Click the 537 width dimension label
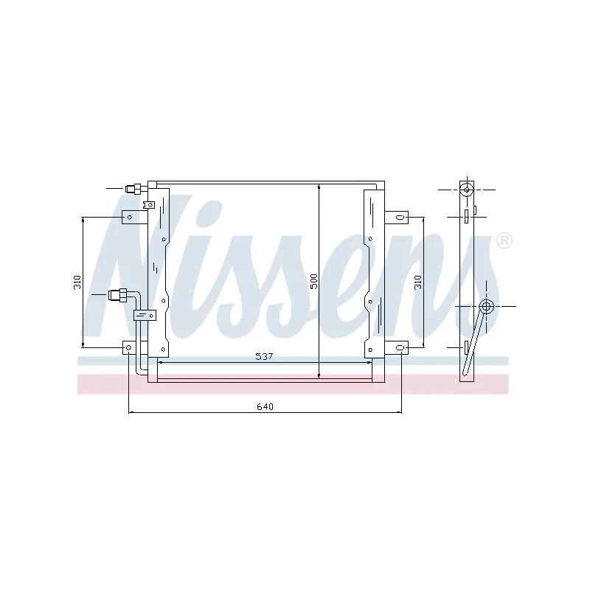[x=265, y=357]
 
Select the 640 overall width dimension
[x=265, y=406]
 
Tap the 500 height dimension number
[x=313, y=281]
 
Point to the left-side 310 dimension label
[x=77, y=281]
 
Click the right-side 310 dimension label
[x=417, y=281]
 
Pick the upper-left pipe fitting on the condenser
[x=133, y=188]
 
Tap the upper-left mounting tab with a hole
[x=130, y=217]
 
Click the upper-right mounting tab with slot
[x=398, y=217]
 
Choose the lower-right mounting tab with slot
[x=398, y=347]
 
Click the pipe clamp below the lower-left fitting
[x=145, y=316]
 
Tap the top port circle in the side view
[x=467, y=189]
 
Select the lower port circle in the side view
[x=486, y=306]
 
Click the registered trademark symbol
[x=504, y=241]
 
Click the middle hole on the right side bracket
[x=369, y=300]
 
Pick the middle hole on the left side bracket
[x=165, y=300]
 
